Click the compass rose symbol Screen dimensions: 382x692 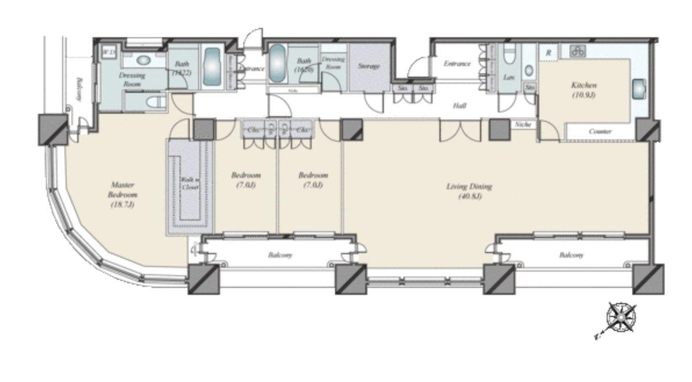click(x=621, y=318)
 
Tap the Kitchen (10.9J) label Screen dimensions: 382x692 click(x=583, y=89)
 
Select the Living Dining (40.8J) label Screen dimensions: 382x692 click(x=469, y=191)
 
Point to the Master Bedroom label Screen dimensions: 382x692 click(x=122, y=194)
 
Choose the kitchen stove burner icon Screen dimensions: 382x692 click(x=577, y=51)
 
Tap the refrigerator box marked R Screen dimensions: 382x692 click(x=548, y=51)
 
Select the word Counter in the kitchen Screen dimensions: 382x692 click(x=600, y=132)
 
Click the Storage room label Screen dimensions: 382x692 click(x=369, y=66)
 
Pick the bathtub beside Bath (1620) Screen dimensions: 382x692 click(x=276, y=63)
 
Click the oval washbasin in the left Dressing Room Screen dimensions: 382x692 click(x=143, y=59)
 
